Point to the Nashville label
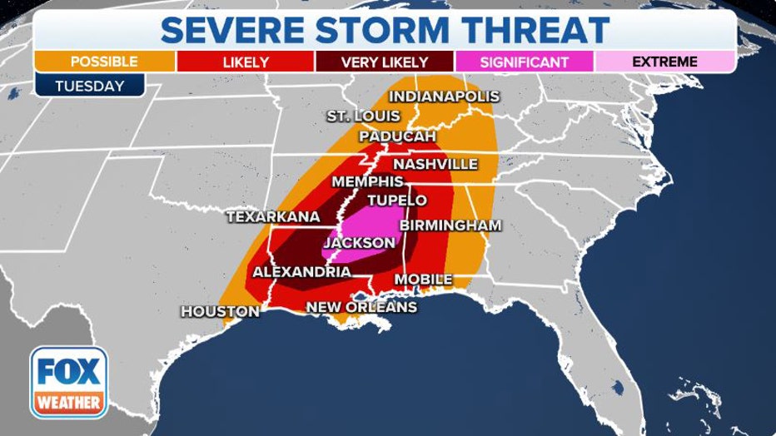coord(435,164)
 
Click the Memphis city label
coord(367,181)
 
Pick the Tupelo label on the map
coord(396,201)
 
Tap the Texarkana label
coord(273,216)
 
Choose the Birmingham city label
coord(450,225)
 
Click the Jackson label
coord(358,242)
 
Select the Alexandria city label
coord(301,272)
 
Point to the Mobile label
coord(423,279)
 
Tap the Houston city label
coord(220,311)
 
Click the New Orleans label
coord(361,307)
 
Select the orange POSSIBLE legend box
coord(105,62)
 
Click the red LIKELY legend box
coord(245,62)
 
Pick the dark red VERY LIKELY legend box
coord(385,62)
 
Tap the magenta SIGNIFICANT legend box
coord(525,62)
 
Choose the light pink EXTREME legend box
coord(664,62)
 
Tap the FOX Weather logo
coord(69,381)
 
